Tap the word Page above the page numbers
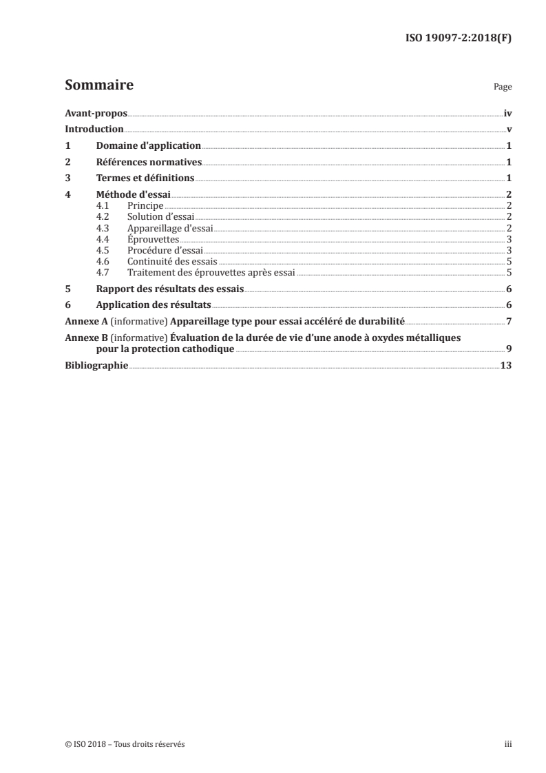click(503, 87)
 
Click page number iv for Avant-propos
click(507, 112)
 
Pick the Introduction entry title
click(94, 129)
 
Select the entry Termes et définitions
click(145, 178)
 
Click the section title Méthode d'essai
click(134, 195)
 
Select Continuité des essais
click(172, 261)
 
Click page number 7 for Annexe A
click(508, 321)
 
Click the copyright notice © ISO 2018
click(83, 744)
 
